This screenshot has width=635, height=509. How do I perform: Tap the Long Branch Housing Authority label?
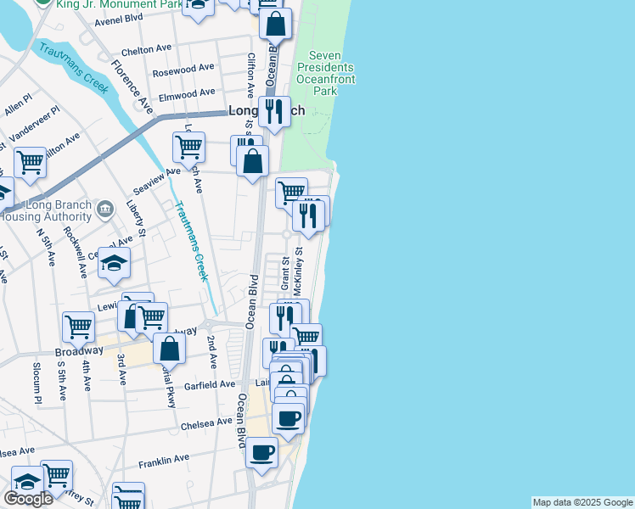pyautogui.click(x=64, y=212)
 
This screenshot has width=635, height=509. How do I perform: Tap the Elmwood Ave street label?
pyautogui.click(x=188, y=93)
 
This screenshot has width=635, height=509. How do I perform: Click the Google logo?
pyautogui.click(x=28, y=498)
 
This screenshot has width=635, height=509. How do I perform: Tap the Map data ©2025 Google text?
pyautogui.click(x=582, y=502)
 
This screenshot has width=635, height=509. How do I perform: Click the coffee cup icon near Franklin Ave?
pyautogui.click(x=262, y=451)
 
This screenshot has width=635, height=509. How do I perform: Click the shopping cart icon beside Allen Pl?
pyautogui.click(x=30, y=161)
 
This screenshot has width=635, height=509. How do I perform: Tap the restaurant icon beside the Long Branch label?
pyautogui.click(x=273, y=111)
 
